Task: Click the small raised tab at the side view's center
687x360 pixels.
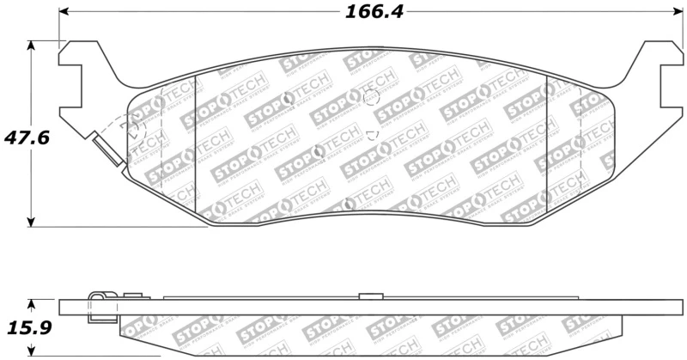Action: [x=369, y=296]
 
